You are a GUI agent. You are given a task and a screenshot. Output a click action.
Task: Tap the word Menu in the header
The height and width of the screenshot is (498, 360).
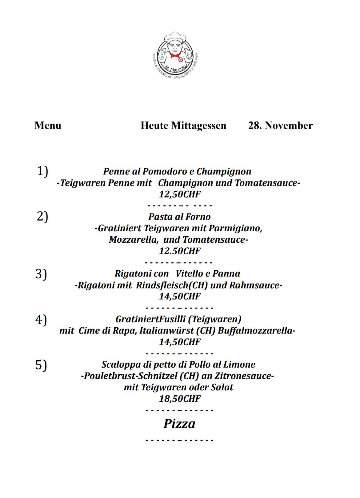pos(48,125)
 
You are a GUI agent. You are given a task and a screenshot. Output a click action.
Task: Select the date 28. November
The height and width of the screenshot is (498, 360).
pos(280,125)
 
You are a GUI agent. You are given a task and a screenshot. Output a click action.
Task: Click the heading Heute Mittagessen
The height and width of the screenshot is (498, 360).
pos(183,125)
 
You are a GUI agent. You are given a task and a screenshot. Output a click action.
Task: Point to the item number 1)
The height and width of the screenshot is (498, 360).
pos(42,171)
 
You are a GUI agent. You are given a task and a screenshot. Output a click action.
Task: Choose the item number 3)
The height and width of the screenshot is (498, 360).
pos(41,274)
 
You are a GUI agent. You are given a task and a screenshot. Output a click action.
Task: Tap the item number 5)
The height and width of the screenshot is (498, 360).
pos(41,365)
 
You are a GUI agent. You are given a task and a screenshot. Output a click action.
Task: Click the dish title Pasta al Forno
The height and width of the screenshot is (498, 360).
pos(179,217)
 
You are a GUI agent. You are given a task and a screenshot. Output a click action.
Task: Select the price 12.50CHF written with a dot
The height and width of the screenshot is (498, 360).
pos(180,251)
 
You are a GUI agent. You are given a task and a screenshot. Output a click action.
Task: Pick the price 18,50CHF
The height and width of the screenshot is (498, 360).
pos(180,399)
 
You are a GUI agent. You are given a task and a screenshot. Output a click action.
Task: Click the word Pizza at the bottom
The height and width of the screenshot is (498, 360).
pos(179,424)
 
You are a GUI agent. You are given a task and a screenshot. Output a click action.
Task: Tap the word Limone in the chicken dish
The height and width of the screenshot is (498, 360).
pos(239,365)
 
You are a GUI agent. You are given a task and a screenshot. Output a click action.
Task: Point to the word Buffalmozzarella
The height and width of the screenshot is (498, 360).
pos(256,331)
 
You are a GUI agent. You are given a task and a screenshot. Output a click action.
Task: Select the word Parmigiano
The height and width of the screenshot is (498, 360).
pos(235,228)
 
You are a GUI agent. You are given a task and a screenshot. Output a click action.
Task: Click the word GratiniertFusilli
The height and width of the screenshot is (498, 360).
pos(151,319)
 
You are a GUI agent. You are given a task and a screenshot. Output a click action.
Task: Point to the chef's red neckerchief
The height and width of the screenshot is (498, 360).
pos(175,56)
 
